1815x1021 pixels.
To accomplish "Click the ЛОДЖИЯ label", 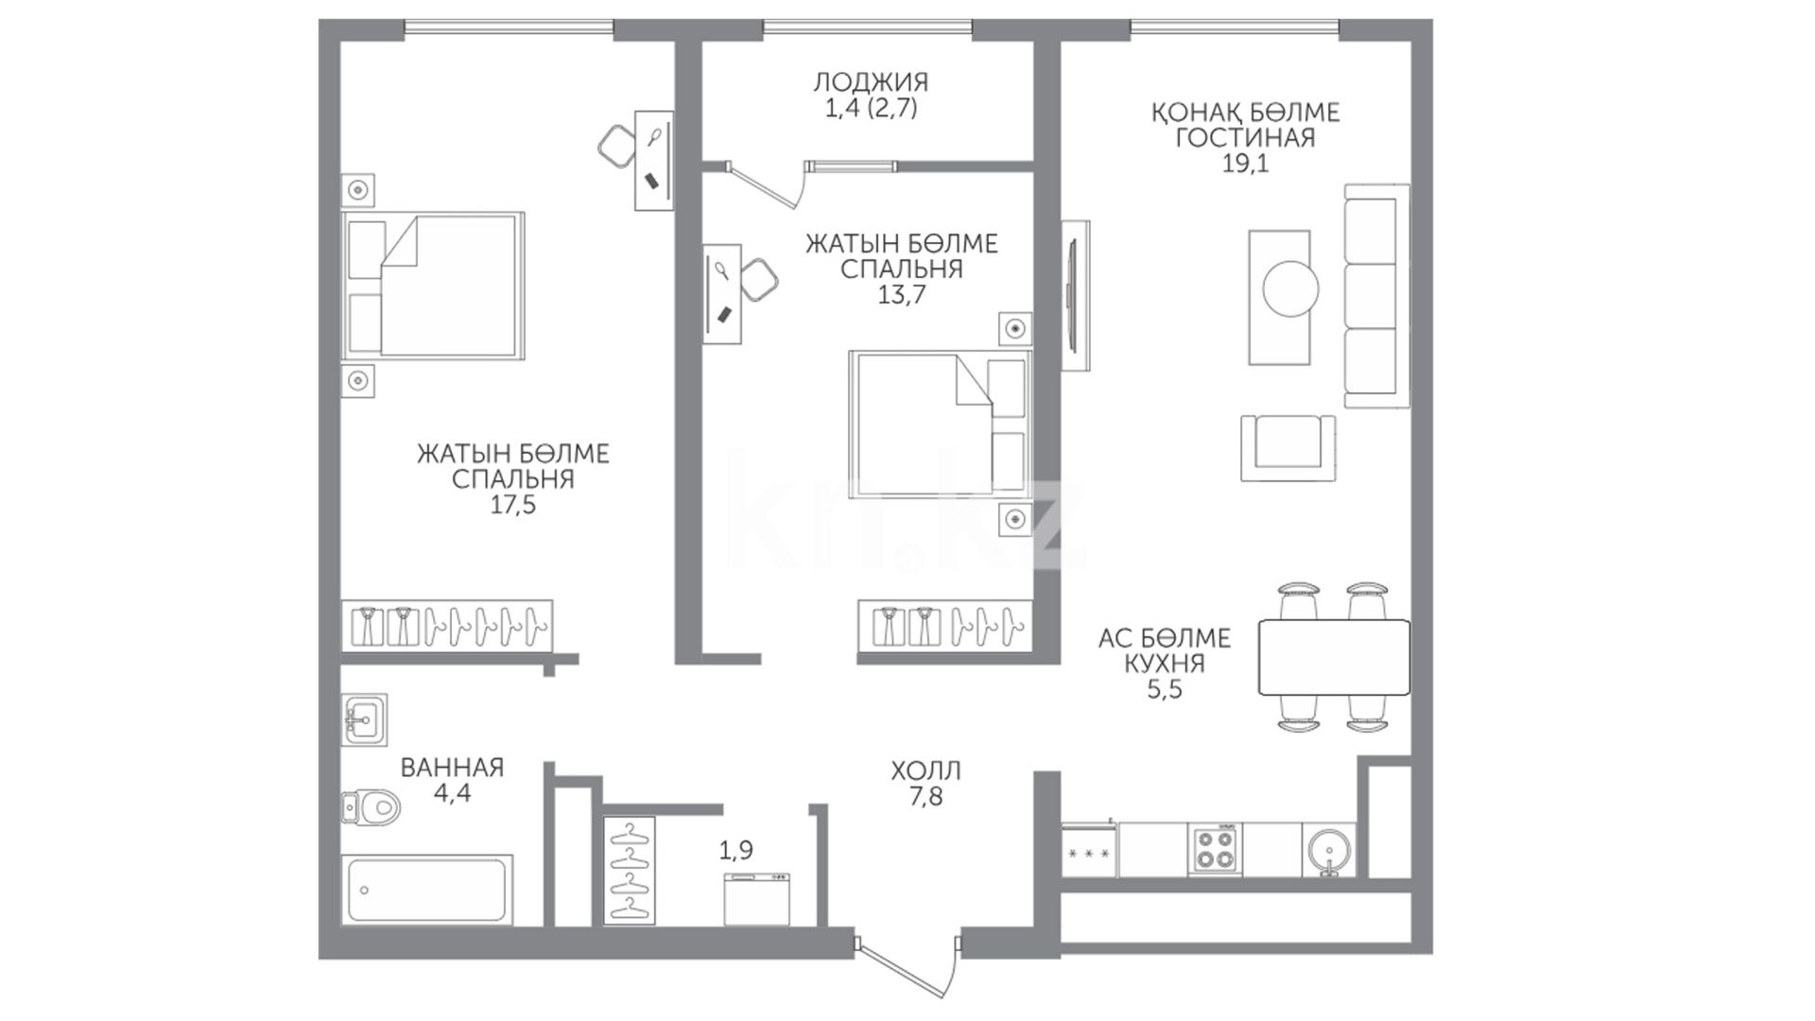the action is pyautogui.click(x=871, y=82).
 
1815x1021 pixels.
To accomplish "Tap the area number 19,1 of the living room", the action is pyautogui.click(x=1245, y=164).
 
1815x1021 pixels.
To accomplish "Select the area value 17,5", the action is pyautogui.click(x=512, y=506).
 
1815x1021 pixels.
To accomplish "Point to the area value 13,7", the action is pyautogui.click(x=901, y=295).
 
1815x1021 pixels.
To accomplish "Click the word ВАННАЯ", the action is pyautogui.click(x=452, y=768).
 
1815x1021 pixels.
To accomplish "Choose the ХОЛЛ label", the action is pyautogui.click(x=925, y=771).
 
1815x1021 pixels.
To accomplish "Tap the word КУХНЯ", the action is pyautogui.click(x=1164, y=664).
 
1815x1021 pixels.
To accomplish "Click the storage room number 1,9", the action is pyautogui.click(x=736, y=851).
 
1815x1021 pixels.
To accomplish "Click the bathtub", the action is pyautogui.click(x=430, y=889).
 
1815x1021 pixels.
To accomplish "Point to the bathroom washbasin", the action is pyautogui.click(x=364, y=721).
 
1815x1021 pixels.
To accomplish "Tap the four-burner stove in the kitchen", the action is pyautogui.click(x=1216, y=849).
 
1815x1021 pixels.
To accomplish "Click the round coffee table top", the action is pyautogui.click(x=1290, y=289).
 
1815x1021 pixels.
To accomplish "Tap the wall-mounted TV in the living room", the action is pyautogui.click(x=1075, y=295).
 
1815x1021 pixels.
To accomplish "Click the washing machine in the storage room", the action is pyautogui.click(x=756, y=899).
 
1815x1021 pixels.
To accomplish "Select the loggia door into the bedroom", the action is pyautogui.click(x=768, y=183).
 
